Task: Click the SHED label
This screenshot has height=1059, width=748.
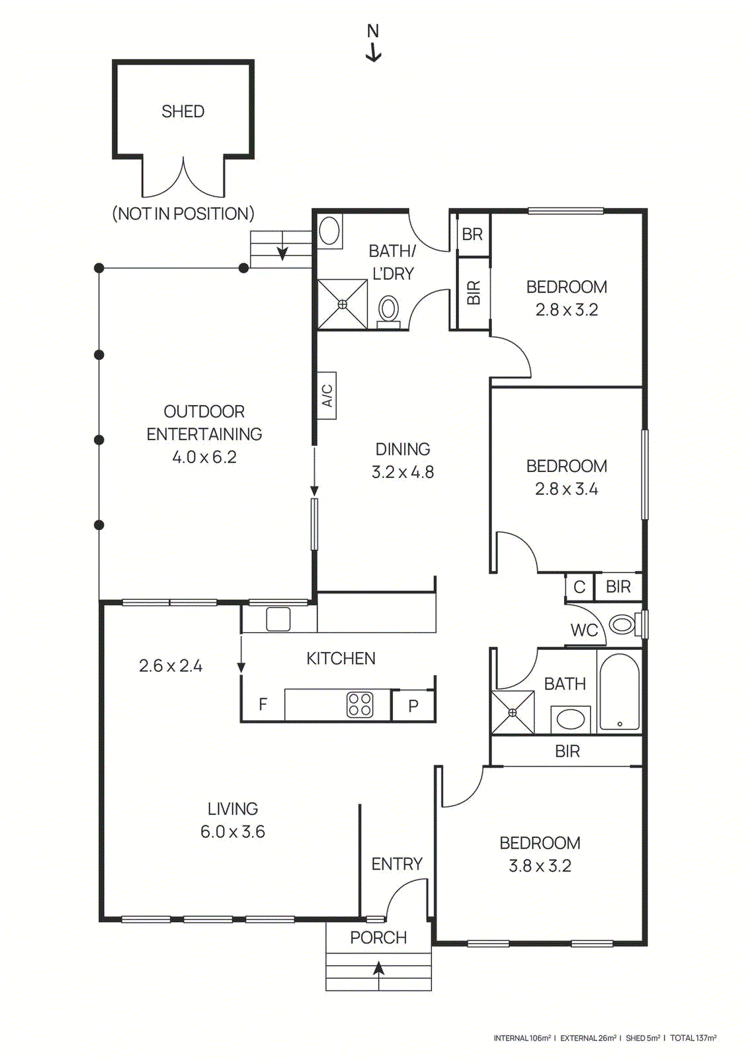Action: (x=183, y=111)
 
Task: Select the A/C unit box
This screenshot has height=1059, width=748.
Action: (x=327, y=396)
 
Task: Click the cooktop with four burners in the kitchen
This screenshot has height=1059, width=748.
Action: (x=360, y=705)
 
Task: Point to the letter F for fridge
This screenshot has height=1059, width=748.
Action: (x=263, y=704)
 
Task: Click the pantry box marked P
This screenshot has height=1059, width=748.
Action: (x=413, y=706)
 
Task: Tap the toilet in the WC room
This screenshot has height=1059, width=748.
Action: (x=622, y=624)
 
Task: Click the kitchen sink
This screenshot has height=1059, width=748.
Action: (x=278, y=619)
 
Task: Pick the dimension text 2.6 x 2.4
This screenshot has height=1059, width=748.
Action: (x=171, y=666)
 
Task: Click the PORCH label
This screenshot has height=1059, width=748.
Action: (x=378, y=937)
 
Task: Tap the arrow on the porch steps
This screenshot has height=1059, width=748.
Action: (x=378, y=970)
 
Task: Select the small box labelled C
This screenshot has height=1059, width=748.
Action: (x=579, y=587)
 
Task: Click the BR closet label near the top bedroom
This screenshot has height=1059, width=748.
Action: (x=472, y=234)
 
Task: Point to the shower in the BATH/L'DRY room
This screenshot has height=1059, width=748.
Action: (x=342, y=304)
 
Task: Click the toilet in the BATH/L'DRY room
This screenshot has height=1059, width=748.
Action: (x=388, y=310)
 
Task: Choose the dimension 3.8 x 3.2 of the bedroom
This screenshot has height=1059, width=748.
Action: (x=540, y=866)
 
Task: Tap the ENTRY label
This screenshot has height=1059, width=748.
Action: (x=396, y=864)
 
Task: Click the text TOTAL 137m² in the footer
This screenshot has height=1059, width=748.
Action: (x=693, y=1038)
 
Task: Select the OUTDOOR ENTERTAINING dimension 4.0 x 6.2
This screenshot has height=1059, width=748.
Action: (x=204, y=457)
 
